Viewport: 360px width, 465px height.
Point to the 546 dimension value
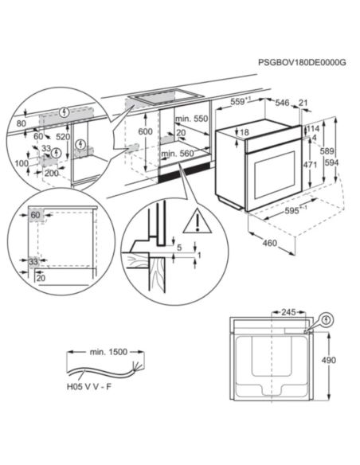282,103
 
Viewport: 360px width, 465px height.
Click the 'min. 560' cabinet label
178,153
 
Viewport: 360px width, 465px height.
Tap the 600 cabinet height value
143,132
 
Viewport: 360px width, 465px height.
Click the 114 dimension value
313,129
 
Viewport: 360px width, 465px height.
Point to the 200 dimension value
52,172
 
